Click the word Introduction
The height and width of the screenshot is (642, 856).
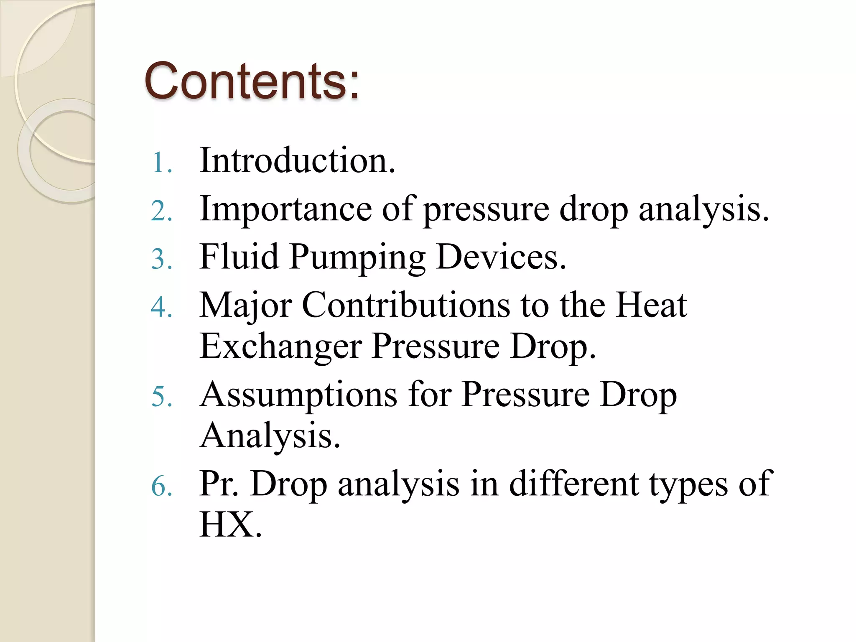tap(297, 160)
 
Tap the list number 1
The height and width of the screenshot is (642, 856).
tap(161, 163)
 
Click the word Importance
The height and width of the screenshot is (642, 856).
tap(285, 209)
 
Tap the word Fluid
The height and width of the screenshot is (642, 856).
tap(239, 257)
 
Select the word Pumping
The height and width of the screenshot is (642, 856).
tap(358, 257)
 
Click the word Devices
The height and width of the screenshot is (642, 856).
tap(501, 257)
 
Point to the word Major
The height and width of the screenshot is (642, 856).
tap(246, 306)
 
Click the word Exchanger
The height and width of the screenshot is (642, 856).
tap(280, 347)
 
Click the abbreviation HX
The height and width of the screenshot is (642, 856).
tap(230, 525)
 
